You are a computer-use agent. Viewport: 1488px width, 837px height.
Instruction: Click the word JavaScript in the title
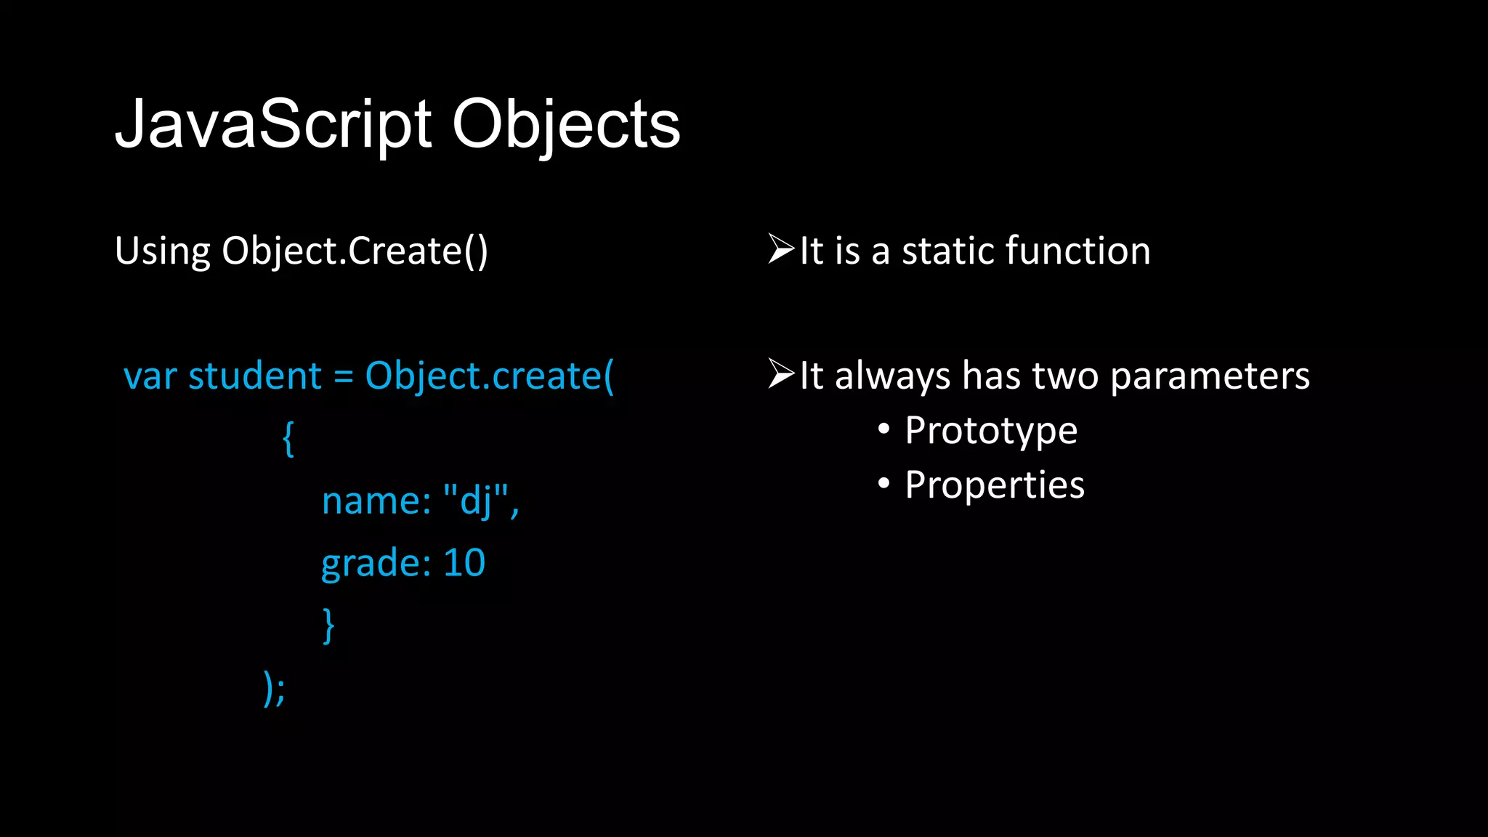click(x=274, y=125)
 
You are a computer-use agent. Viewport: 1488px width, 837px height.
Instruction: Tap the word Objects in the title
click(x=566, y=125)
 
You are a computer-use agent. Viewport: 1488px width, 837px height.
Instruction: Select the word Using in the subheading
click(x=162, y=251)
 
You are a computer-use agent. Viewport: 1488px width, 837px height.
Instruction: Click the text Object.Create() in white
click(x=355, y=251)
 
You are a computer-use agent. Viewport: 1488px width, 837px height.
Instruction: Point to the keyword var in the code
click(x=150, y=376)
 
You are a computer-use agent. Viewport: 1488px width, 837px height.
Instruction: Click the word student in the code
click(x=254, y=376)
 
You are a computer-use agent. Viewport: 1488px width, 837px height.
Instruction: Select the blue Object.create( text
click(x=489, y=376)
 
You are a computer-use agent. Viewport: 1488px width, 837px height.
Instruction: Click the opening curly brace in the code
click(x=288, y=438)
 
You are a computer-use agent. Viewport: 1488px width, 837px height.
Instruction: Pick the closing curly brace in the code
click(x=328, y=625)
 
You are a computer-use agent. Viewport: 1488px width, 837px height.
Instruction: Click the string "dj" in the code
click(x=475, y=501)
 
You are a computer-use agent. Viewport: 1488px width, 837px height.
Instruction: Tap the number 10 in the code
click(x=464, y=563)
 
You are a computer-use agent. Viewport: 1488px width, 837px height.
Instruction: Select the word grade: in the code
click(x=376, y=564)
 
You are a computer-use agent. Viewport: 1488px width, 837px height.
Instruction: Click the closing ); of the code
click(x=274, y=687)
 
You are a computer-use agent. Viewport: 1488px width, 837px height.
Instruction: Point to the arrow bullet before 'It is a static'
click(x=781, y=249)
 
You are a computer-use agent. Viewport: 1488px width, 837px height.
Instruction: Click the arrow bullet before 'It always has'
click(x=781, y=374)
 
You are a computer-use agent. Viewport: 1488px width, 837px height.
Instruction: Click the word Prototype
click(x=991, y=431)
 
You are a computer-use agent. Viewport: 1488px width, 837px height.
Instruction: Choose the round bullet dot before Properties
click(x=883, y=483)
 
